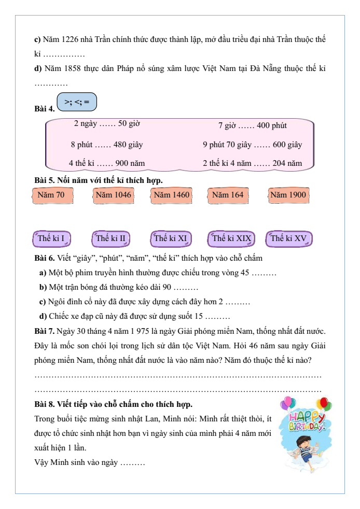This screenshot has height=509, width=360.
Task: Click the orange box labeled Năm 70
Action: [x=51, y=195]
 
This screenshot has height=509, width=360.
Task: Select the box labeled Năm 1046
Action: [x=113, y=195]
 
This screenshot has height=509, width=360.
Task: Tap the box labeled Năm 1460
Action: [x=171, y=195]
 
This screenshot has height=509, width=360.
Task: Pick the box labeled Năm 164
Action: [x=227, y=195]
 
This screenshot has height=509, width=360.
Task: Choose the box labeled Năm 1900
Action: [x=288, y=195]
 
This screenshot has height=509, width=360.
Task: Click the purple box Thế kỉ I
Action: [x=51, y=239]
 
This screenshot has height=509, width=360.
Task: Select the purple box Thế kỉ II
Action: [x=110, y=239]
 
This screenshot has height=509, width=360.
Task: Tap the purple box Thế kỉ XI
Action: [x=171, y=239]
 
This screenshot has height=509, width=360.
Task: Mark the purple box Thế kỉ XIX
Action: [x=231, y=239]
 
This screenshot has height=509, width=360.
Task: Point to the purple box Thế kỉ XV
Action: [x=289, y=239]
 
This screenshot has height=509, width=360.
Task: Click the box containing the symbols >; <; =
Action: [x=76, y=102]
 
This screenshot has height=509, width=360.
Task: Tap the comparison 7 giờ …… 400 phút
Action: [x=252, y=125]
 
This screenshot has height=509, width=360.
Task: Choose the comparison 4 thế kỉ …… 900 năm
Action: [x=106, y=163]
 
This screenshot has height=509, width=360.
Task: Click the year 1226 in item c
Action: [x=70, y=39]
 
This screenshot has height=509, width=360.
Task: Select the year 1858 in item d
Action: [x=71, y=68]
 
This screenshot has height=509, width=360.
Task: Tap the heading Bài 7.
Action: [x=44, y=331]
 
